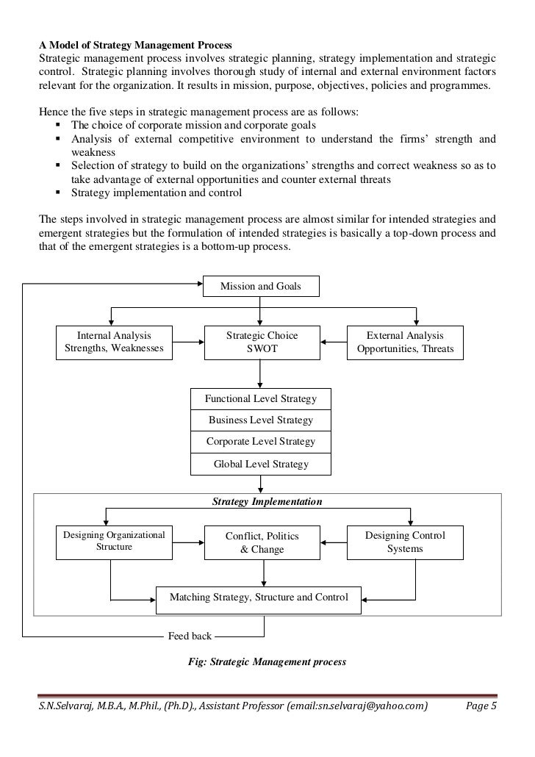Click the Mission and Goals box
click(x=261, y=286)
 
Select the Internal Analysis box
click(x=115, y=342)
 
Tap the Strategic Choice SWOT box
click(x=262, y=342)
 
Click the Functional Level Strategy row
click(x=261, y=399)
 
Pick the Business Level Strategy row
click(x=261, y=420)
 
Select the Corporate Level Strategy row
click(x=261, y=442)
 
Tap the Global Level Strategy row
click(x=261, y=464)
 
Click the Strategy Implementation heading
click(x=267, y=502)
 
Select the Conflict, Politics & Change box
click(x=262, y=542)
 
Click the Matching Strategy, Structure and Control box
click(x=259, y=598)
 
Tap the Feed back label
click(x=190, y=636)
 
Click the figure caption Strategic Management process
click(x=267, y=661)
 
